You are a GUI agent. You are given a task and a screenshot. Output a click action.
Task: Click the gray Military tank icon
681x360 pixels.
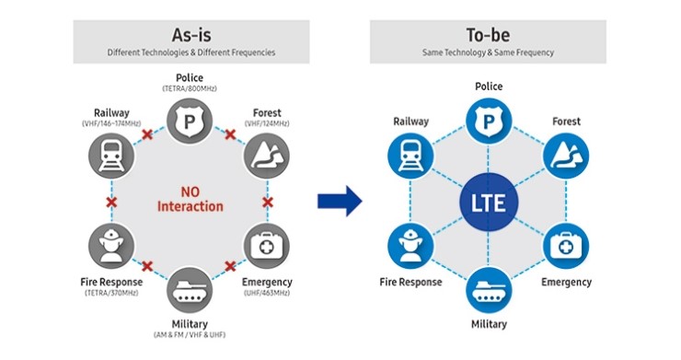point(190,289)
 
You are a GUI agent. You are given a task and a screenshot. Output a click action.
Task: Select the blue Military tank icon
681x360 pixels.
point(488,289)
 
